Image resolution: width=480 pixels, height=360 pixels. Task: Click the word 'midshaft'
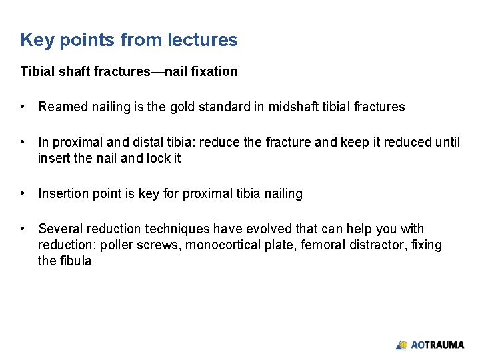pyautogui.click(x=293, y=107)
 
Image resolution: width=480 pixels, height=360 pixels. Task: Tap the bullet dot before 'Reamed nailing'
pyautogui.click(x=23, y=107)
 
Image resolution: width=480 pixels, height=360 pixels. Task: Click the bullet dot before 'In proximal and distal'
pyautogui.click(x=23, y=142)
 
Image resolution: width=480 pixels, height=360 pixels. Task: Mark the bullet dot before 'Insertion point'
pyautogui.click(x=23, y=193)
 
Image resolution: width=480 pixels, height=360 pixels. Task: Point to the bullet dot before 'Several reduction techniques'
pyautogui.click(x=23, y=229)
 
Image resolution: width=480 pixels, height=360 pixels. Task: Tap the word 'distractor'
pyautogui.click(x=370, y=245)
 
